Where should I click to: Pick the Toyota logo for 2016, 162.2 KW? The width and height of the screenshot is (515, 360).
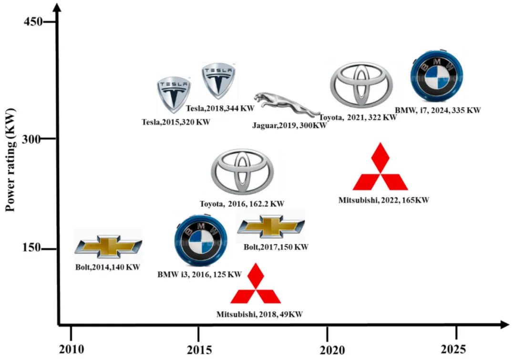242,171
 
